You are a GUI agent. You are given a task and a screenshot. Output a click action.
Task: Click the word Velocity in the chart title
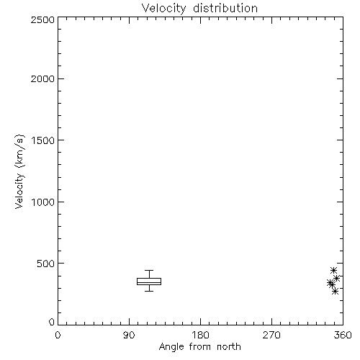(x=164, y=9)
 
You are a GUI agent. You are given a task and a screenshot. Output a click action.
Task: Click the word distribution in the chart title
(x=225, y=8)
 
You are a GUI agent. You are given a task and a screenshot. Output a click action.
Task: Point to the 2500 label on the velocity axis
(x=42, y=19)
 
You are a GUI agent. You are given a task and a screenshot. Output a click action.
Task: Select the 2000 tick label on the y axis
(x=42, y=78)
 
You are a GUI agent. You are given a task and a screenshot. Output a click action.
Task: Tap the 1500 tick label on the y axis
(x=43, y=140)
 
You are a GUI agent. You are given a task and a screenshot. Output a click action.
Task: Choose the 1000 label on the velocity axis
(x=43, y=202)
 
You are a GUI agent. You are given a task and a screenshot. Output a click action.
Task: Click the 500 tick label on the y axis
(x=46, y=264)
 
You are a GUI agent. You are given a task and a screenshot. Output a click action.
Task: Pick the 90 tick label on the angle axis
(x=129, y=335)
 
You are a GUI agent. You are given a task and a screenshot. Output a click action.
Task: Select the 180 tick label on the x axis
(x=200, y=335)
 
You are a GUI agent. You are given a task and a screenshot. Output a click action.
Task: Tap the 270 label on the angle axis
(x=271, y=335)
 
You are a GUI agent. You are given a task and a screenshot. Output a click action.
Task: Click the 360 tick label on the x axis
(x=343, y=335)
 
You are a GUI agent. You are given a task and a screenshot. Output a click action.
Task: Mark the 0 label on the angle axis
(x=58, y=335)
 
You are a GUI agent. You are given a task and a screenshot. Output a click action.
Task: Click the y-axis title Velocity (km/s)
(x=19, y=171)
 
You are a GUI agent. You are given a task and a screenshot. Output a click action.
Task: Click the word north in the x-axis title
(x=229, y=347)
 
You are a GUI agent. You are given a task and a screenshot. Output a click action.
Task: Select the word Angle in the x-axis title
(x=171, y=347)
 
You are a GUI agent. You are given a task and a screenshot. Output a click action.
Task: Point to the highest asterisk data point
(x=333, y=271)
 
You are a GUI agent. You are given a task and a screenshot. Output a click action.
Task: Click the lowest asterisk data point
(x=335, y=292)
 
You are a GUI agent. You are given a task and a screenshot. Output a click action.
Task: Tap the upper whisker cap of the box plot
(x=149, y=271)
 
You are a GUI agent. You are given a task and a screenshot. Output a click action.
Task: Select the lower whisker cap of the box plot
(x=149, y=291)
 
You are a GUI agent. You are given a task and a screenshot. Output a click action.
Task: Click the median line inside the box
(x=149, y=282)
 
